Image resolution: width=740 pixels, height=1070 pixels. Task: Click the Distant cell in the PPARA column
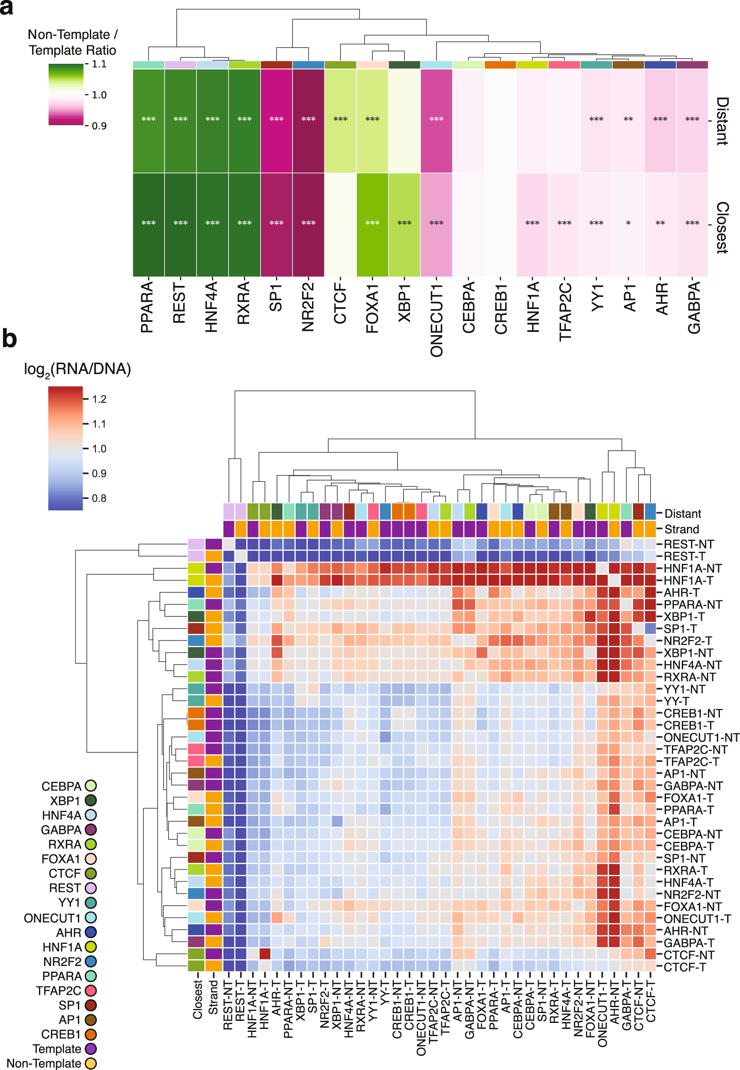[149, 121]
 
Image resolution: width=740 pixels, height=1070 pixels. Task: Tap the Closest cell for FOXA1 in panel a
[372, 224]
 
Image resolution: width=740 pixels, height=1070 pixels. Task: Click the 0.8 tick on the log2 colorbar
[99, 498]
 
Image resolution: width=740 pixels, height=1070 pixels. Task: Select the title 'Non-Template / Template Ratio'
[72, 42]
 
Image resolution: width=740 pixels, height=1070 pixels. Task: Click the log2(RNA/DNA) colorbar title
[77, 369]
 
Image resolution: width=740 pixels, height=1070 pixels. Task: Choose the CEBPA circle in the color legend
[91, 786]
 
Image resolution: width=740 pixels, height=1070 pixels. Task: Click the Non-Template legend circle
[91, 1064]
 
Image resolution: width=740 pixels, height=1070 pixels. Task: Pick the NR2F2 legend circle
[91, 962]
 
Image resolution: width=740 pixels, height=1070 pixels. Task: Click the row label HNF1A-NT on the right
[692, 568]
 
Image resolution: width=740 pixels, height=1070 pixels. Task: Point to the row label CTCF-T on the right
[684, 967]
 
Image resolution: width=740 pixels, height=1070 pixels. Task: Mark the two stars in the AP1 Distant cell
[628, 119]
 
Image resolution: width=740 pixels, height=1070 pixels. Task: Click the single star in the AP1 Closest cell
[628, 223]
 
